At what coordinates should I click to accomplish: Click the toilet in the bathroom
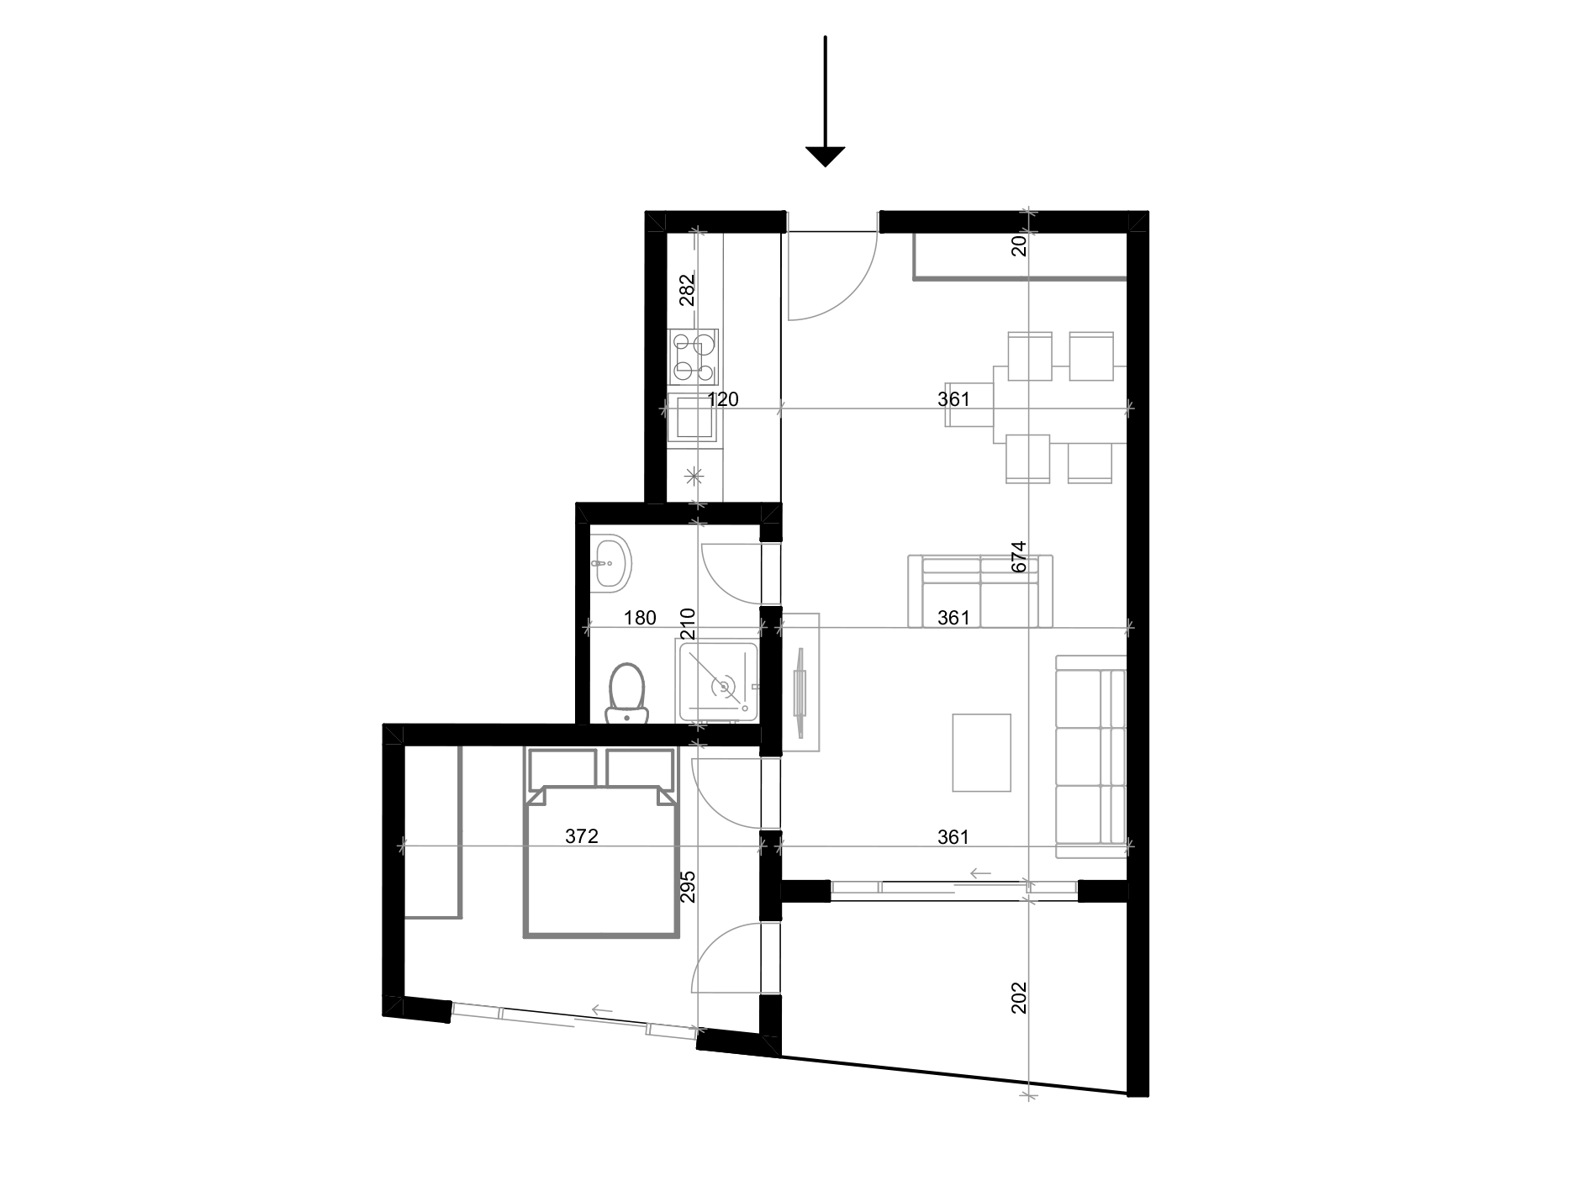626,692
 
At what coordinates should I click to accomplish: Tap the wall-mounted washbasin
611,562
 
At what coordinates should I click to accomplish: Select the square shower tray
719,682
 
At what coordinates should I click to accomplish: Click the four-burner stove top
694,357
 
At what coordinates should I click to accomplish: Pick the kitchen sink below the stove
694,417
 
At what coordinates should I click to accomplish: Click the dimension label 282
688,290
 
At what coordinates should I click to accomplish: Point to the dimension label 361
956,399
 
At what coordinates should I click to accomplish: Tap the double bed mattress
601,866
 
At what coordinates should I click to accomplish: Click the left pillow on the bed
562,767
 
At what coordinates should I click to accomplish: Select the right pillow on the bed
641,767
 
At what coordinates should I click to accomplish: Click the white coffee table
981,752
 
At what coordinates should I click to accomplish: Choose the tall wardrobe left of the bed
433,831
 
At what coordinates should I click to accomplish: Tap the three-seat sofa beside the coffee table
1091,756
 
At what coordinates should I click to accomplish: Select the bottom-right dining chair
1090,461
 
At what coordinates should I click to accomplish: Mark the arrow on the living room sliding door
980,874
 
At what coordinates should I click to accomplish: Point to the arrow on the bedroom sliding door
601,1010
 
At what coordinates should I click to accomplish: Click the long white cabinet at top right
1019,256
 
